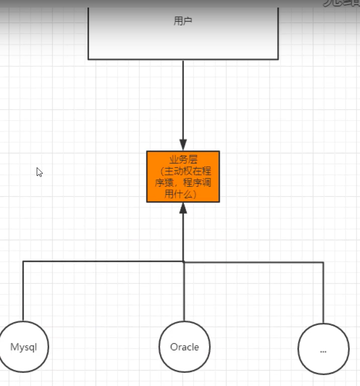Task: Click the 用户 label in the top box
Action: [x=183, y=21]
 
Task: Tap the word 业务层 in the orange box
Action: [x=183, y=160]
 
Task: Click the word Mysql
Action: [x=24, y=347]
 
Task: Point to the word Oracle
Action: [x=185, y=347]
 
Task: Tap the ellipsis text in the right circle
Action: [x=323, y=351]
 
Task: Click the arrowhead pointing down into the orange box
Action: [x=183, y=145]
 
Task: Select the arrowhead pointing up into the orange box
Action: [x=183, y=208]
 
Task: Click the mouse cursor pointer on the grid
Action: [x=39, y=172]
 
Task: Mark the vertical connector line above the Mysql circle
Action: [x=23, y=292]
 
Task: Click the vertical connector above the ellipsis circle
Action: [x=323, y=294]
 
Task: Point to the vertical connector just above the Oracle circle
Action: [x=184, y=297]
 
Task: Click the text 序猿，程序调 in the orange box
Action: [x=183, y=182]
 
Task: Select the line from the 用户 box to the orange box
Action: [x=183, y=101]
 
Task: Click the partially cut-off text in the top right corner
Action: [x=342, y=3]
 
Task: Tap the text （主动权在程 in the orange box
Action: [x=183, y=171]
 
